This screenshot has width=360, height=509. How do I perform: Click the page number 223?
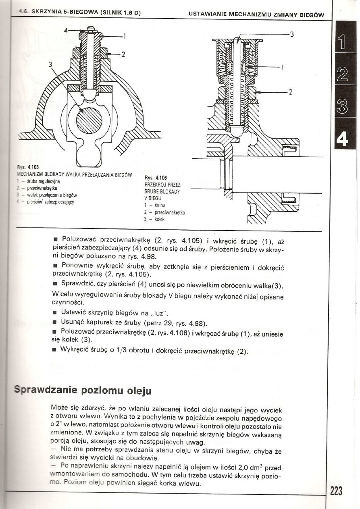click(336, 491)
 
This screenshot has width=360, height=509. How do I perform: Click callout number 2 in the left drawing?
click(123, 55)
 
